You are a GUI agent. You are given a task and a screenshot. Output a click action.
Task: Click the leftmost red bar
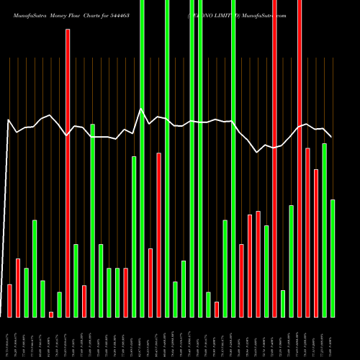9,300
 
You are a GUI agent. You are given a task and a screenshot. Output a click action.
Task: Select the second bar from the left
18,287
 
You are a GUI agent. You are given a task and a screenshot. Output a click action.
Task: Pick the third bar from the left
26,292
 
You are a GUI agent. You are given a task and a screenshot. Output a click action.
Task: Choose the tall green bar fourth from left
35,268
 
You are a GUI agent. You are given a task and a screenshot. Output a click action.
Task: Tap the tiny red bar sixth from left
51,314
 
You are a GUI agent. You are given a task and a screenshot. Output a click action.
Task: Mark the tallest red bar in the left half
68,173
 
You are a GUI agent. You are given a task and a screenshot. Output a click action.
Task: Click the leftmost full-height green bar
142,158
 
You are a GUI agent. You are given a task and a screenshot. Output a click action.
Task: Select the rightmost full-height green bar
233,158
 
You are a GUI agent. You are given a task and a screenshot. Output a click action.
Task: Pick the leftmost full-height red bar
274,158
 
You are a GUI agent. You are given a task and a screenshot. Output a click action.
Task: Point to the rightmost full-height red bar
300,158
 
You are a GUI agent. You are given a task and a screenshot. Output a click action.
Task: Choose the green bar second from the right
324,230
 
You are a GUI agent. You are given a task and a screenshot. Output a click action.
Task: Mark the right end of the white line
331,137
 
